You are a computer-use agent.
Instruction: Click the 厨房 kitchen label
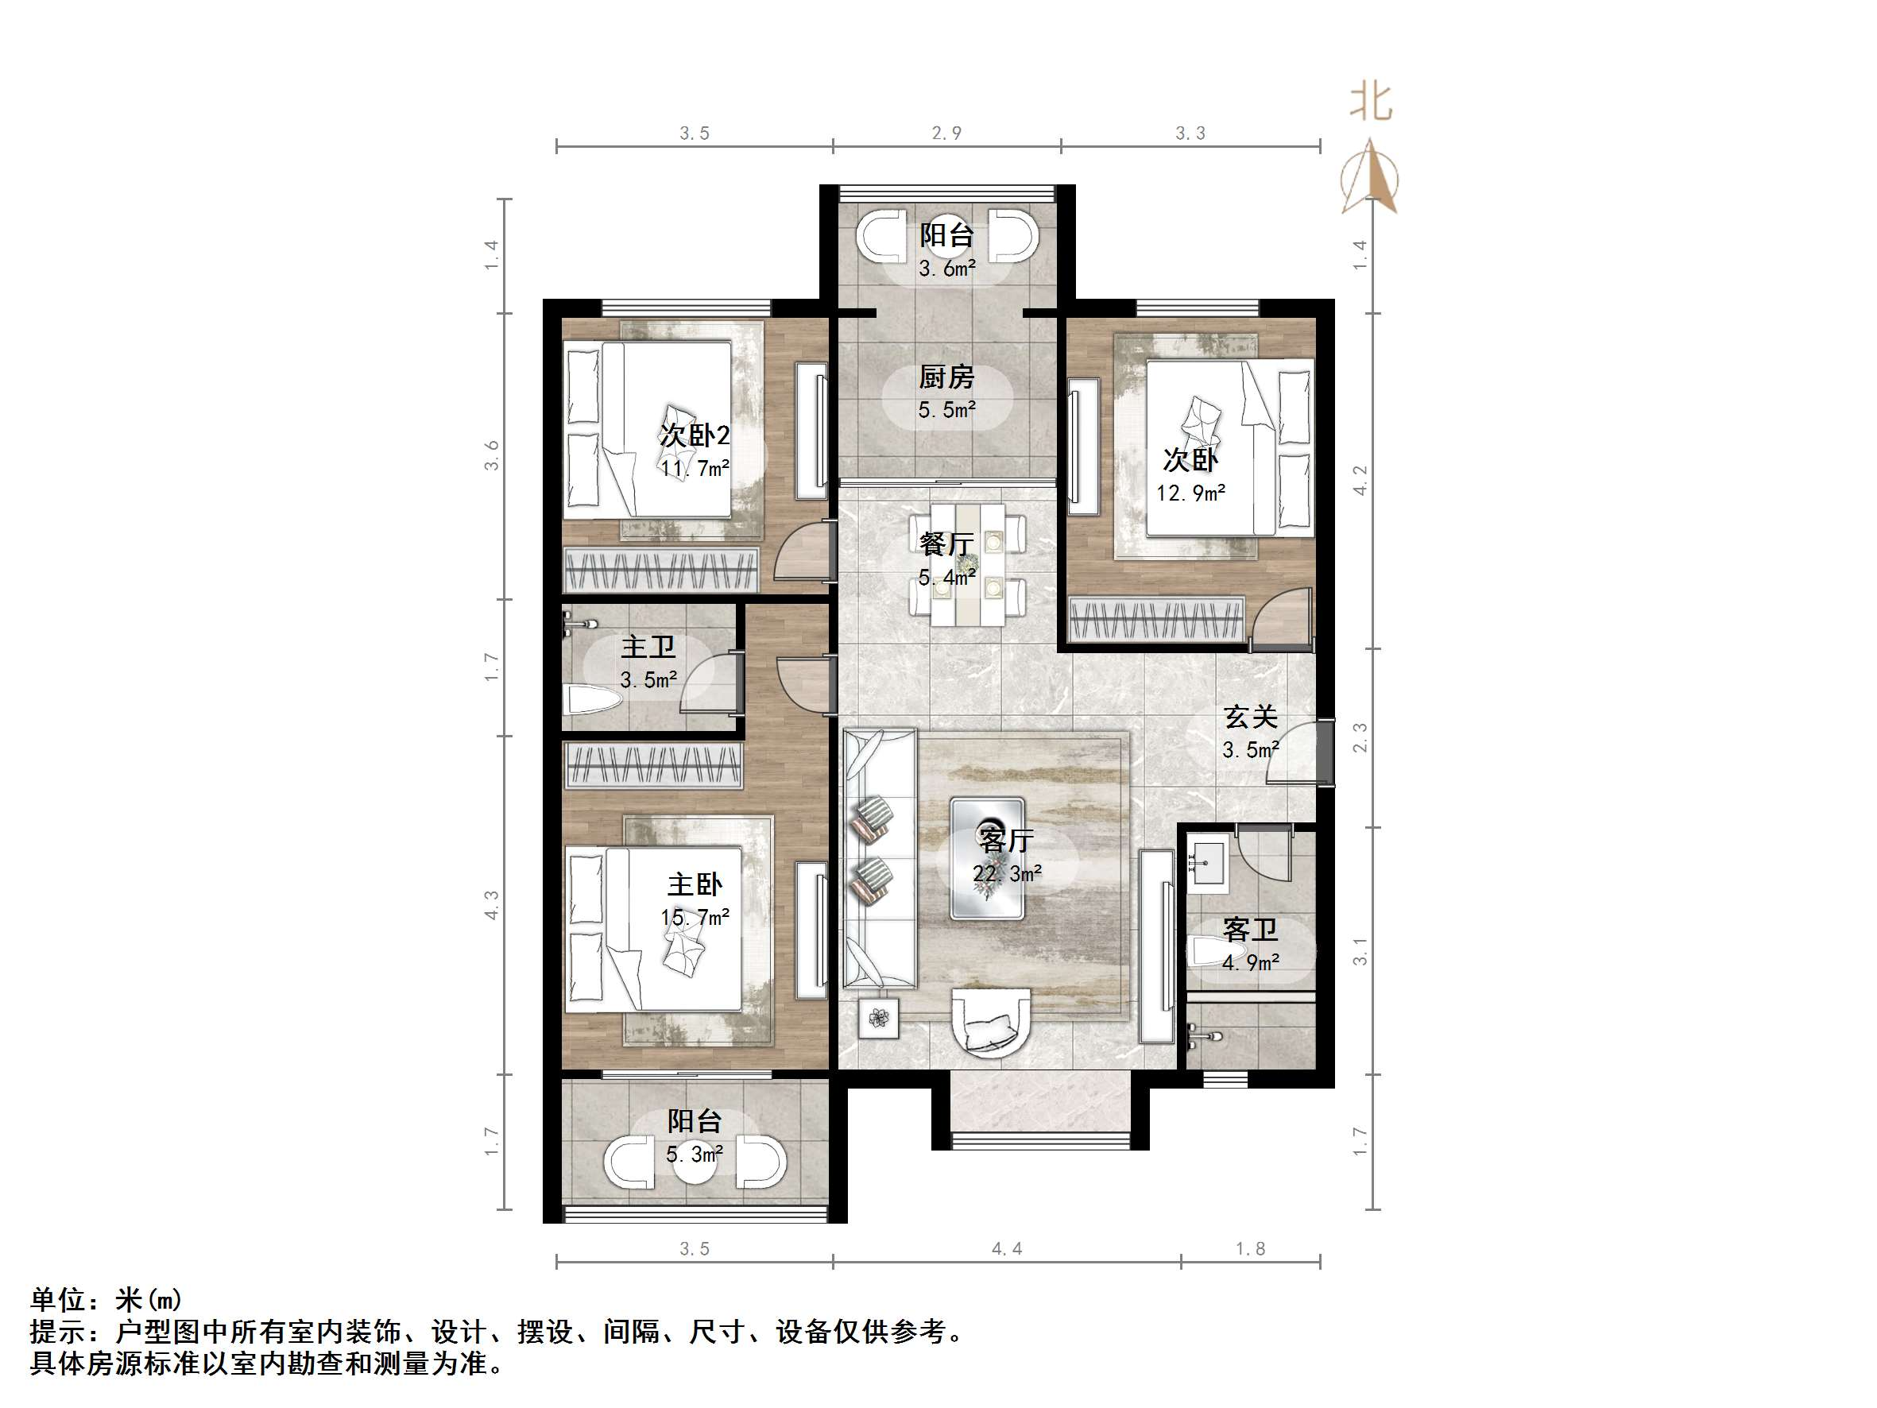coord(946,377)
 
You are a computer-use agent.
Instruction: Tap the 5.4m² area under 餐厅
coord(946,578)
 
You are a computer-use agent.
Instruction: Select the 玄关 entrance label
coord(1250,718)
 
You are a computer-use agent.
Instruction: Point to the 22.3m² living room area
coord(1006,873)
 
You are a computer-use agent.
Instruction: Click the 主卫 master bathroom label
coord(648,648)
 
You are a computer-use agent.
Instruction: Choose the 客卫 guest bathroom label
coord(1250,930)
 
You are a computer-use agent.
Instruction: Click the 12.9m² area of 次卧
coord(1190,493)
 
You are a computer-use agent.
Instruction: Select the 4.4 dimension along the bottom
coord(1006,1249)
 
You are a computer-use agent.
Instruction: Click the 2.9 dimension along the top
coord(946,133)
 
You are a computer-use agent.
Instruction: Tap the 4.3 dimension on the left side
coord(491,905)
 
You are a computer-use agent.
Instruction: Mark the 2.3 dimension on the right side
coord(1360,737)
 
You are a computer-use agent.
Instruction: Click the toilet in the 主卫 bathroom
coord(592,700)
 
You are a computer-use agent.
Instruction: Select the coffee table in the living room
coord(987,858)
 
